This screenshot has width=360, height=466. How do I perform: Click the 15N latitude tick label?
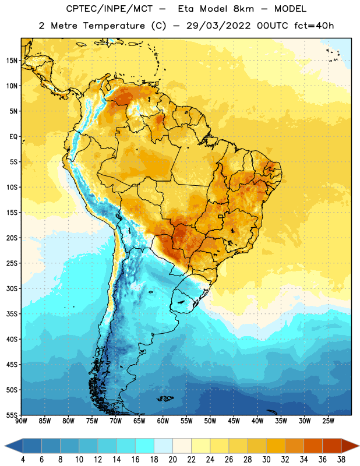pos(12,61)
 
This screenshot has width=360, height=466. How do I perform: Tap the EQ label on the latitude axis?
pos(13,137)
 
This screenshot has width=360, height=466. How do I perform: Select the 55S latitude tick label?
pos(12,415)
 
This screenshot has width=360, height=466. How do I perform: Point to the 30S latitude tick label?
pos(12,288)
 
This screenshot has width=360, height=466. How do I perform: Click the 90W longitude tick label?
pos(21,421)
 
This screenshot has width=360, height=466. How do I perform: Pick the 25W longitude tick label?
pos(328,421)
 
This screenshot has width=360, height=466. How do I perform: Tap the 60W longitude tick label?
pos(163,421)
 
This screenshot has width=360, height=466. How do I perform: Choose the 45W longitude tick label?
pos(234,421)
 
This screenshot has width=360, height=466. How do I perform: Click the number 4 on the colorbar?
pos(23,460)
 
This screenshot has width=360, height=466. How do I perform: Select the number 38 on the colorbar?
pos(341,460)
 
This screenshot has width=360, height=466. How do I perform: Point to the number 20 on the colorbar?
pos(172,460)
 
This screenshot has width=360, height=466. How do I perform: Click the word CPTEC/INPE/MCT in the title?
pos(109,9)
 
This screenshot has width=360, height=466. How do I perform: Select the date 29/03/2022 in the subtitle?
pos(218,26)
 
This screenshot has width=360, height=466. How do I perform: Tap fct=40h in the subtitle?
pos(314,26)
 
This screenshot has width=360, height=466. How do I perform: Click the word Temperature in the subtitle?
pos(114,26)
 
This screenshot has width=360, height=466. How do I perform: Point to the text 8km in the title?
pos(243,9)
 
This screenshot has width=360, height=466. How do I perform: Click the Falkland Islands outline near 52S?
pos(165,398)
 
